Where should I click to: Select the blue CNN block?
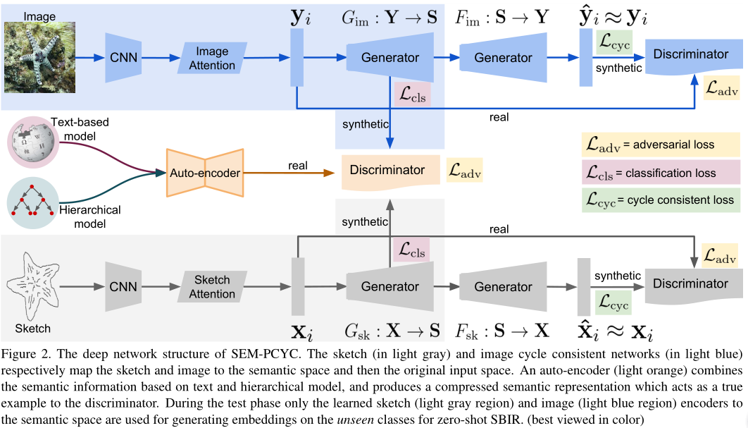pyautogui.click(x=124, y=58)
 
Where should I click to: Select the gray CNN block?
pyautogui.click(x=124, y=286)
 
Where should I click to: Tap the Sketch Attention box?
pyautogui.click(x=212, y=286)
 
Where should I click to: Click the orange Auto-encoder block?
pyautogui.click(x=204, y=173)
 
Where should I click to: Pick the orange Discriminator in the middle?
pyautogui.click(x=389, y=171)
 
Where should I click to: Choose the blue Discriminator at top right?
pyautogui.click(x=690, y=56)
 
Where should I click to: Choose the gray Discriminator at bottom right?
pyautogui.click(x=690, y=285)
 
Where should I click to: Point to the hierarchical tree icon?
pyautogui.click(x=31, y=202)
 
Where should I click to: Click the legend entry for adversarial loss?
pyautogui.click(x=659, y=145)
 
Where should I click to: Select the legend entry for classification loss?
pyautogui.click(x=659, y=173)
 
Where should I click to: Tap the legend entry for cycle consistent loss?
pyautogui.click(x=659, y=200)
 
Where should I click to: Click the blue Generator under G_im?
pyautogui.click(x=390, y=58)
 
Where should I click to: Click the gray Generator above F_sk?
pyautogui.click(x=503, y=286)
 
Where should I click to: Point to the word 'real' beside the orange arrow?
pyautogui.click(x=297, y=166)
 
